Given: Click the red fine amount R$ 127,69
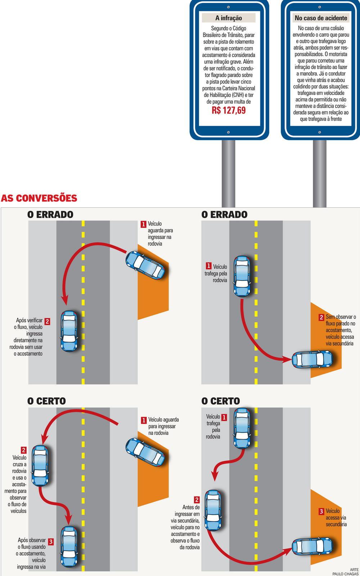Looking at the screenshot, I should pos(229,110).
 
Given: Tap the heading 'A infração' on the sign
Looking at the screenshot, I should pos(229,18).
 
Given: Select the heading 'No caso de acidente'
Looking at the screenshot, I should pos(321,18).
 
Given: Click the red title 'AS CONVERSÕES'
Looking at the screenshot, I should pos(39,198).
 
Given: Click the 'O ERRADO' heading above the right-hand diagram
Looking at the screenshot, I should pos(224,215).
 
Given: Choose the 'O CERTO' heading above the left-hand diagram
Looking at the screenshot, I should pos(46,401).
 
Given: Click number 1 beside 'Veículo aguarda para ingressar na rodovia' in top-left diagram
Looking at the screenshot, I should pos(143,224).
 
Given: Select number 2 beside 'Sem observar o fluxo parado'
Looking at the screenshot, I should pos(321,318).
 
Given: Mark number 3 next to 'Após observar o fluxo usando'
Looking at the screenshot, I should pos(50,541).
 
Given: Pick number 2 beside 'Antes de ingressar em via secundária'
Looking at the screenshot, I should pos(197,500).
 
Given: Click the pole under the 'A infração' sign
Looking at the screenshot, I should pos(228,173).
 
